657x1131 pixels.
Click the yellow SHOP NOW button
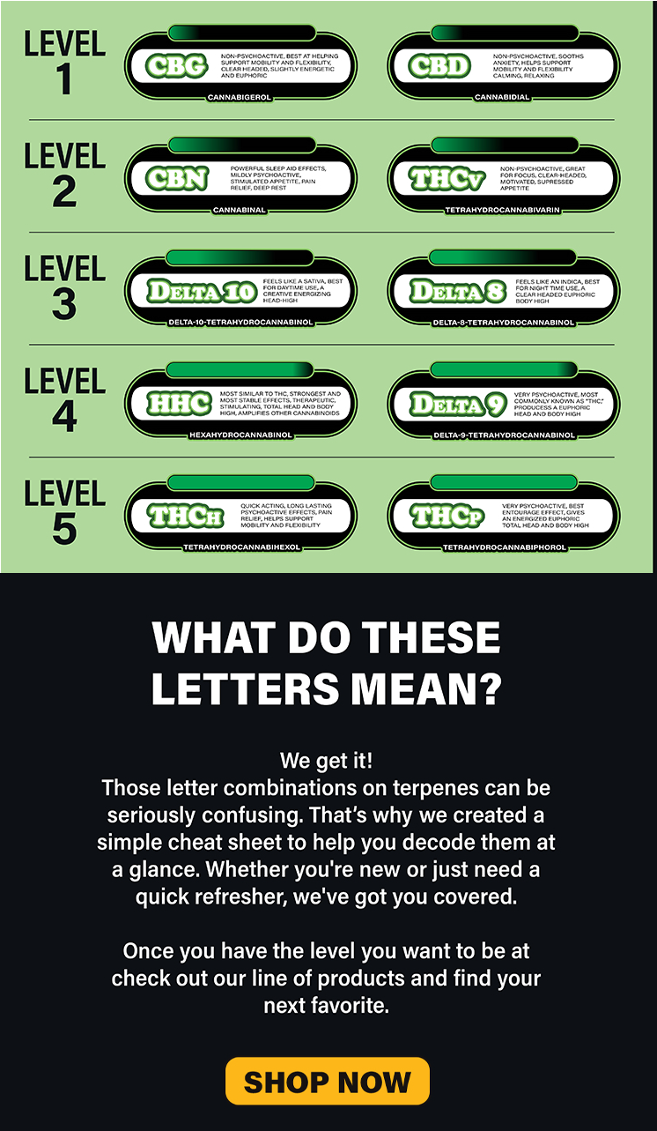click(x=328, y=1081)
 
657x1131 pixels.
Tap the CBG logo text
click(x=177, y=66)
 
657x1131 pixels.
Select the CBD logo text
click(x=439, y=66)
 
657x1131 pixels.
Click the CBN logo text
click(x=177, y=179)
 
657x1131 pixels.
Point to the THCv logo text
click(x=447, y=179)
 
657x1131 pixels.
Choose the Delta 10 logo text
click(x=202, y=291)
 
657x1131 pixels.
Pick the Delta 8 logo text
click(x=458, y=291)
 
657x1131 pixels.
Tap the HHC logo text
click(x=179, y=404)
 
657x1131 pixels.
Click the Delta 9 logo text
click(x=458, y=404)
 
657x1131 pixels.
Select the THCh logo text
click(x=185, y=516)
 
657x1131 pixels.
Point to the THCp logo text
click(x=447, y=516)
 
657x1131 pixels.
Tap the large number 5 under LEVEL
click(x=64, y=529)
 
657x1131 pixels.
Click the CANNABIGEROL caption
click(x=240, y=97)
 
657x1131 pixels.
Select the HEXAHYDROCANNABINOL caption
click(x=240, y=435)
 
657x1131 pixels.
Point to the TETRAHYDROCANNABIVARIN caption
click(x=503, y=210)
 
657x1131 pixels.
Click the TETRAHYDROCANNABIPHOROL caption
click(x=504, y=547)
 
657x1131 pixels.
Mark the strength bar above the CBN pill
click(x=242, y=145)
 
